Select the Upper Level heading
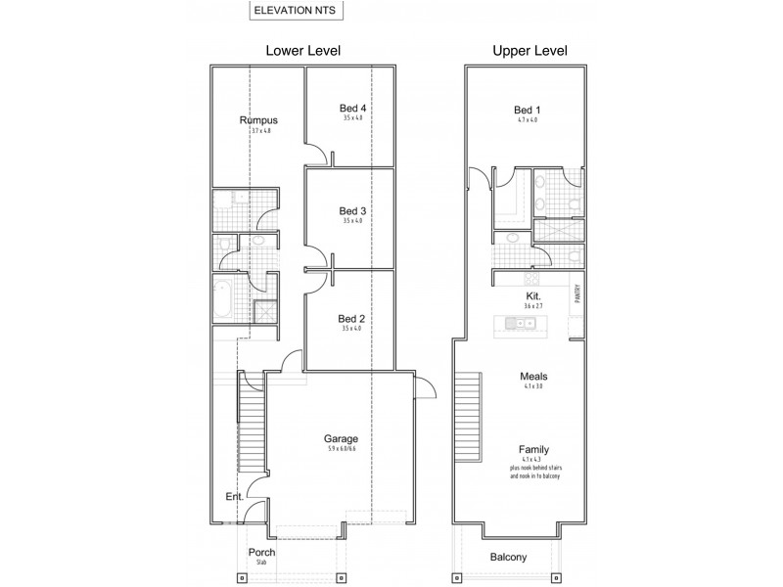(x=530, y=50)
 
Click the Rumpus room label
(x=258, y=120)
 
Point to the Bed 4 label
(x=352, y=108)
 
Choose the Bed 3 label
(x=352, y=210)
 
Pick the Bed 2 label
(x=352, y=318)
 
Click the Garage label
(x=342, y=438)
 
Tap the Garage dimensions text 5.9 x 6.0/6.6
(x=342, y=449)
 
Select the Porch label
(x=260, y=552)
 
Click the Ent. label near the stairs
(x=235, y=497)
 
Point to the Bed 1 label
(x=527, y=110)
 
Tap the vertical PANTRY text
(x=577, y=293)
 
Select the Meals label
(x=533, y=376)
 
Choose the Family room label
(x=533, y=450)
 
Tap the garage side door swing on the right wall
(x=425, y=390)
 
